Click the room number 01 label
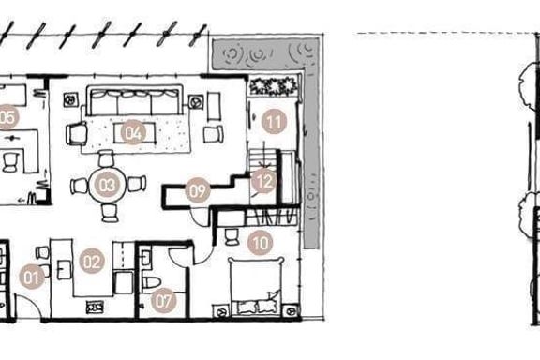(x=32, y=277)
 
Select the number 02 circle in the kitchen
(x=92, y=262)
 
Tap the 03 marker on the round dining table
(x=107, y=185)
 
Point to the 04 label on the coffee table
(x=133, y=132)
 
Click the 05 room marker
(x=7, y=117)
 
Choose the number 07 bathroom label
(x=163, y=300)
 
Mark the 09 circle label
(x=197, y=190)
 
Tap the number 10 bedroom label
(x=261, y=243)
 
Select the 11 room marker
(x=274, y=121)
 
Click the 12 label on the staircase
(x=263, y=181)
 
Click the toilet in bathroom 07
(x=151, y=282)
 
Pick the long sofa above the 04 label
(x=134, y=100)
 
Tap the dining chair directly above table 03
(x=106, y=158)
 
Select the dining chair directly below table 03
(x=111, y=213)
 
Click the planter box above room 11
(x=273, y=86)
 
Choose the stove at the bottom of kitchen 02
(x=95, y=307)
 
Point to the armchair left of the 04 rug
(x=76, y=134)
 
